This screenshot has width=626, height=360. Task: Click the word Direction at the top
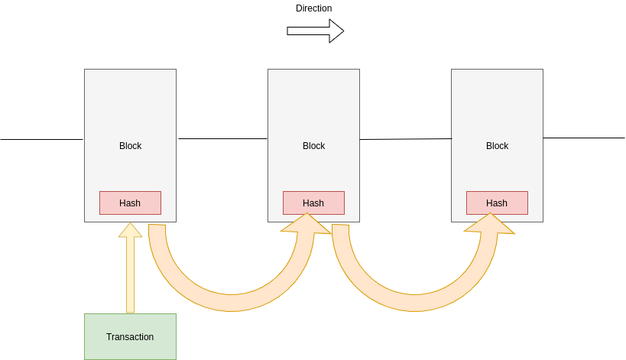[x=313, y=8]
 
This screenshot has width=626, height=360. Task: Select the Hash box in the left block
[x=130, y=203]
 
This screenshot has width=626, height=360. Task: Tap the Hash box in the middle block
[x=313, y=203]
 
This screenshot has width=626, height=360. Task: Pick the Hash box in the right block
[x=497, y=203]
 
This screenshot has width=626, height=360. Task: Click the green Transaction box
[x=130, y=336]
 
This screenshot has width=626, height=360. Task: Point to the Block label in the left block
[x=130, y=146]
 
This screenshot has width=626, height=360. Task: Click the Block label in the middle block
[x=313, y=146]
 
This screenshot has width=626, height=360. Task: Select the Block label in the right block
[x=497, y=146]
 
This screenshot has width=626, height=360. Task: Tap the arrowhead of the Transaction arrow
[x=130, y=230]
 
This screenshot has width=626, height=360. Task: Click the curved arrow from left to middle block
[x=229, y=302]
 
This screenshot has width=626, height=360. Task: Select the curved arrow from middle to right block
[x=413, y=302]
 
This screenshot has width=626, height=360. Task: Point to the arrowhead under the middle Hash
[x=307, y=223]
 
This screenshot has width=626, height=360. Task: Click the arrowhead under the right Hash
[x=490, y=223]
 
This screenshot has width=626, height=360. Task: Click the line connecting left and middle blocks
[x=222, y=138]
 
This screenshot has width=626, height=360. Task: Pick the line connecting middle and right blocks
[x=405, y=139]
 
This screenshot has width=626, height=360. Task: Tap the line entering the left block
[x=42, y=139]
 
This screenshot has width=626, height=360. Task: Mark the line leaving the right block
[x=584, y=138]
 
